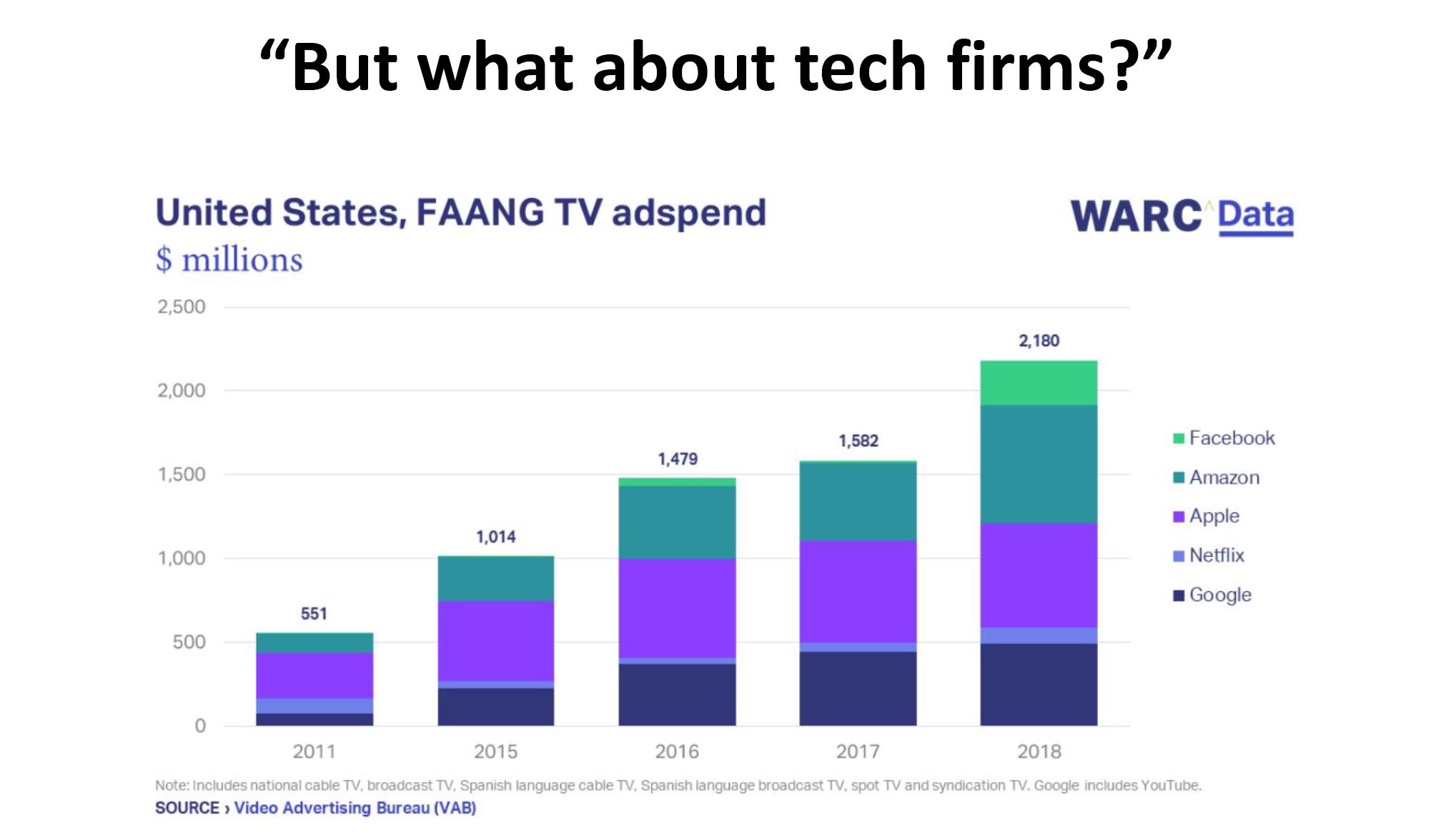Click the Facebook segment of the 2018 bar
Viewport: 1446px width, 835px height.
pyautogui.click(x=1038, y=383)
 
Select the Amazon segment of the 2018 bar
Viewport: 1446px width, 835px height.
pyautogui.click(x=1038, y=464)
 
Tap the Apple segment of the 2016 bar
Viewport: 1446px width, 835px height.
pyautogui.click(x=677, y=608)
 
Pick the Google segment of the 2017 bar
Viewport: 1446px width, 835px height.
pyautogui.click(x=858, y=688)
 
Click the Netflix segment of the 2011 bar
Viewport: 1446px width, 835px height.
pyautogui.click(x=315, y=706)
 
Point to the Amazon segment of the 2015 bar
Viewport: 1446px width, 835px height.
pyautogui.click(x=495, y=579)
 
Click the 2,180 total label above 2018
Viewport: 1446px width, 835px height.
pyautogui.click(x=1039, y=341)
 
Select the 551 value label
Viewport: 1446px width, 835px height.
pyautogui.click(x=314, y=613)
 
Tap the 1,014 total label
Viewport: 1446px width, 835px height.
pyautogui.click(x=495, y=537)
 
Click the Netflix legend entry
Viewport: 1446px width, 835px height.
pyautogui.click(x=1216, y=555)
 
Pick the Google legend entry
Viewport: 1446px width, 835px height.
pyautogui.click(x=1219, y=595)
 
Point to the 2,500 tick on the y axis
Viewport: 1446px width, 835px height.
pyautogui.click(x=182, y=307)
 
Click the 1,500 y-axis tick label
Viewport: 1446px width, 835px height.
pyautogui.click(x=182, y=475)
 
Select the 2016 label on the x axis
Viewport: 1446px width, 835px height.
pyautogui.click(x=677, y=751)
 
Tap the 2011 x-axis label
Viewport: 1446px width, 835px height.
pyautogui.click(x=314, y=751)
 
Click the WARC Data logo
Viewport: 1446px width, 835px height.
pyautogui.click(x=1182, y=216)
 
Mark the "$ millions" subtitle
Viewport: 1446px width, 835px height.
pyautogui.click(x=229, y=260)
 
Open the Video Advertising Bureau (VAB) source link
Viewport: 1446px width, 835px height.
pyautogui.click(x=355, y=808)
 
